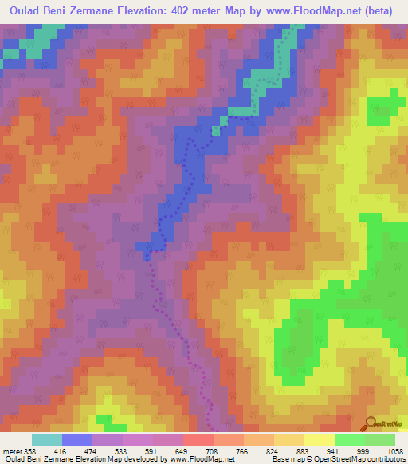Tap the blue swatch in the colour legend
point(76,439)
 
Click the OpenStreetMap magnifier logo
point(369,423)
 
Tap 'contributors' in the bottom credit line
point(386,459)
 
